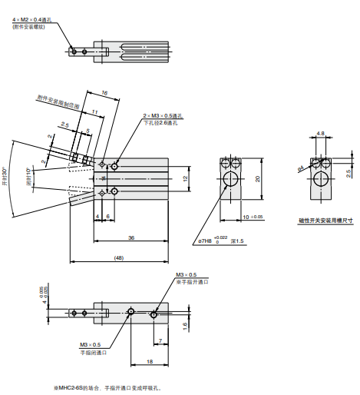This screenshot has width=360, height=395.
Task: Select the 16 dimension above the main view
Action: [x=104, y=92]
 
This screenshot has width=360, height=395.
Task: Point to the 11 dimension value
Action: [x=94, y=111]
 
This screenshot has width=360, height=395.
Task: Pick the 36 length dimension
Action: [x=131, y=238]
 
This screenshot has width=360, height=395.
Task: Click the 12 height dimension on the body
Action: [x=184, y=178]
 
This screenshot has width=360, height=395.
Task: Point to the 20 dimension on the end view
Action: [x=258, y=178]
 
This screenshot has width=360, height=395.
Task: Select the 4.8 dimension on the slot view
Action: [x=320, y=134]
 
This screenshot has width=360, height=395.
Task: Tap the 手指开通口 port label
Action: [x=193, y=282]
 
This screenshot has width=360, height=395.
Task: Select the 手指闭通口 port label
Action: [x=91, y=353]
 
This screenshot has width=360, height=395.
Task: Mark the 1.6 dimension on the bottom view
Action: [x=185, y=325]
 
